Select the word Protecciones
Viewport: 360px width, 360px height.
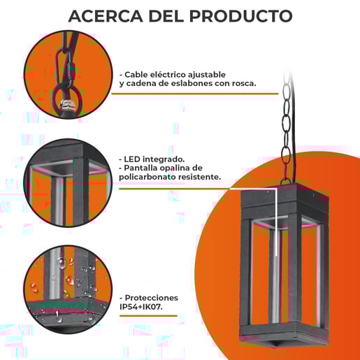tap(150, 298)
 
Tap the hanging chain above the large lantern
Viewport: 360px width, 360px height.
tap(286, 126)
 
